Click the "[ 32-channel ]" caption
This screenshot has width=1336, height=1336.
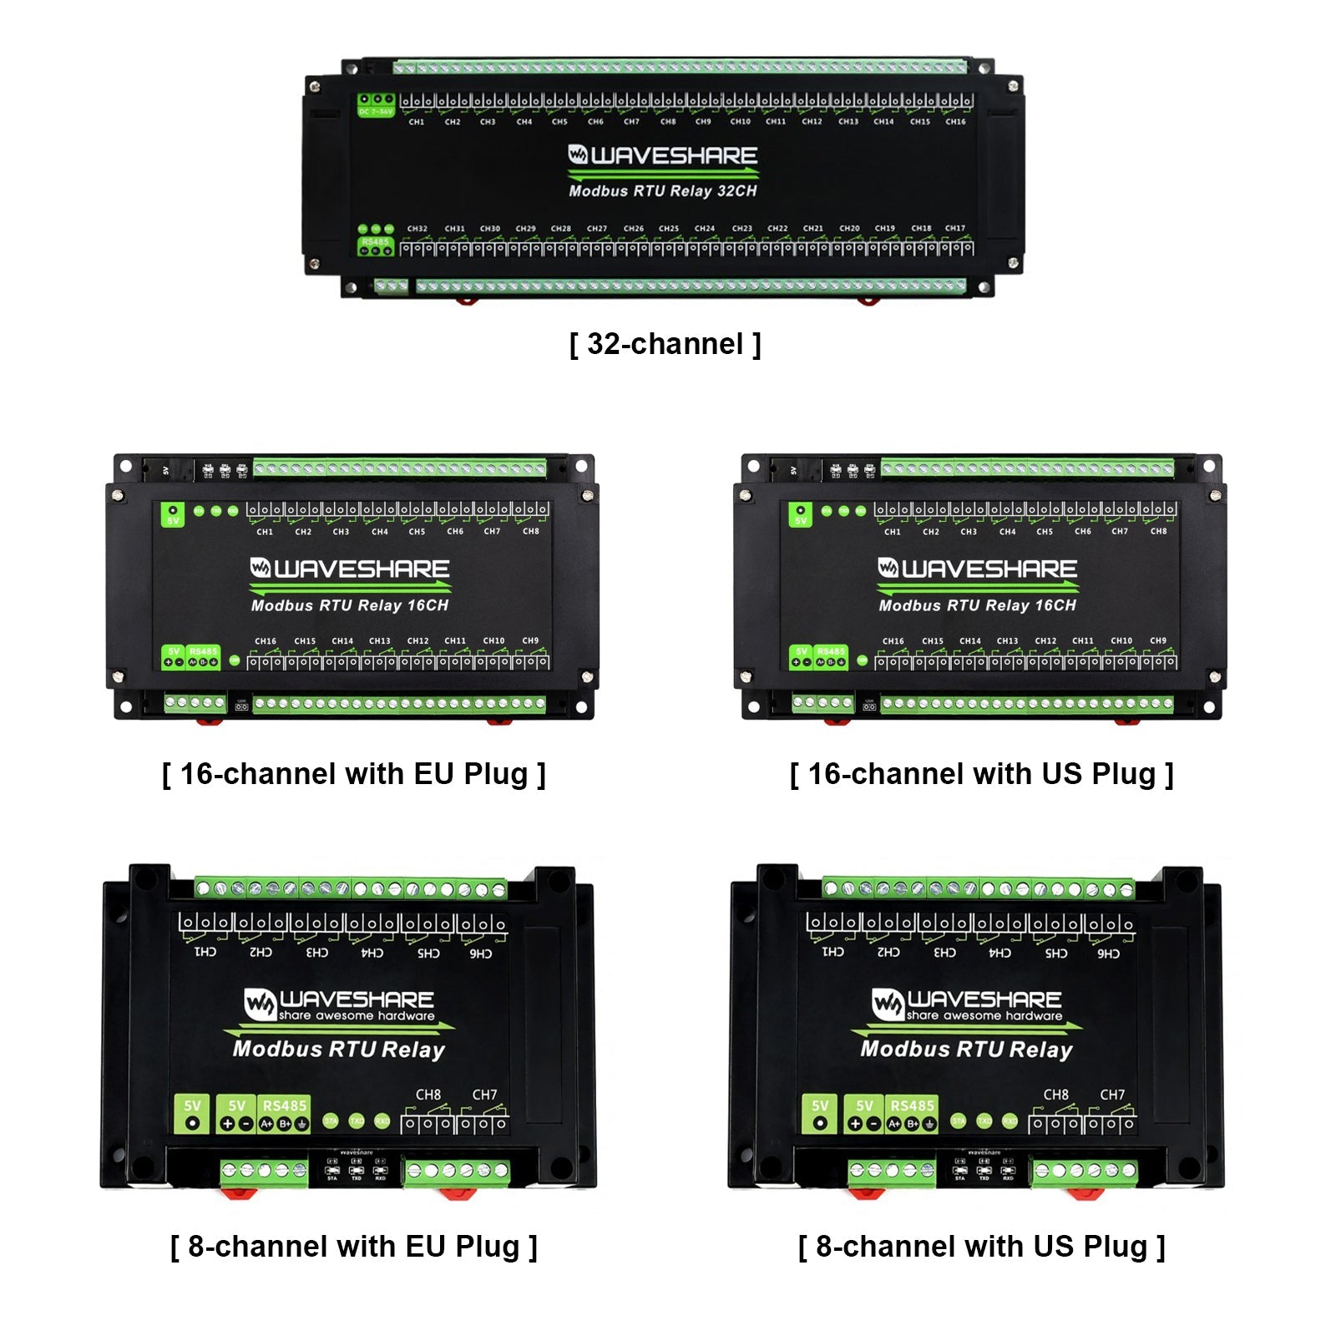point(665,344)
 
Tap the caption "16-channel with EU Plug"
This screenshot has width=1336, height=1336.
point(353,774)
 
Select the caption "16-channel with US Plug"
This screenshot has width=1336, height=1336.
point(981,774)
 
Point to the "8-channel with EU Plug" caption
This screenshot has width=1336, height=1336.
point(353,1247)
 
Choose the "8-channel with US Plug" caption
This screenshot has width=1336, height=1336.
point(981,1247)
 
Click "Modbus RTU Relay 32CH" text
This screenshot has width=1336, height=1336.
point(663,191)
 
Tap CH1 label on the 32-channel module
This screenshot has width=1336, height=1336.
point(417,122)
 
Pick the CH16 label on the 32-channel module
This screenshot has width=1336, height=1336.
point(955,122)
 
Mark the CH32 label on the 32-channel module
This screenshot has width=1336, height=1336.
point(417,229)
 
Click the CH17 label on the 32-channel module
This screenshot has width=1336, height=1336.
point(955,228)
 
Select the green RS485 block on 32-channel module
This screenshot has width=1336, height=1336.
point(376,246)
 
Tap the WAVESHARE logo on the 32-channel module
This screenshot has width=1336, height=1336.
point(663,155)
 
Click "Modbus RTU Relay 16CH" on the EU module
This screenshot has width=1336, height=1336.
point(350,605)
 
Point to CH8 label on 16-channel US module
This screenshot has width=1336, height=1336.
point(1159,531)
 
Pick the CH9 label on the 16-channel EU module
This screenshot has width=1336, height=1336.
point(530,640)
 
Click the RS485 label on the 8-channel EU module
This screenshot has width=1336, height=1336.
point(285,1106)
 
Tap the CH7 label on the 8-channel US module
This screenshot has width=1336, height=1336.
point(1112,1095)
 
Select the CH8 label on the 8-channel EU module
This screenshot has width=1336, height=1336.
point(428,1095)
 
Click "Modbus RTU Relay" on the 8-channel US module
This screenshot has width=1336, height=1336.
point(966,1050)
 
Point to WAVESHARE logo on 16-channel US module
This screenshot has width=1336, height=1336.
point(978,569)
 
